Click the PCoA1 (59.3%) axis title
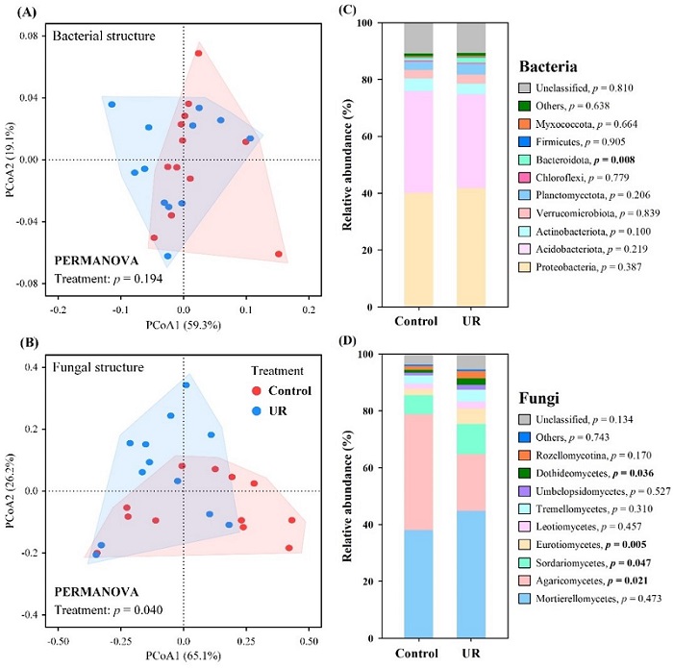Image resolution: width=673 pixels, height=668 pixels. (183, 327)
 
